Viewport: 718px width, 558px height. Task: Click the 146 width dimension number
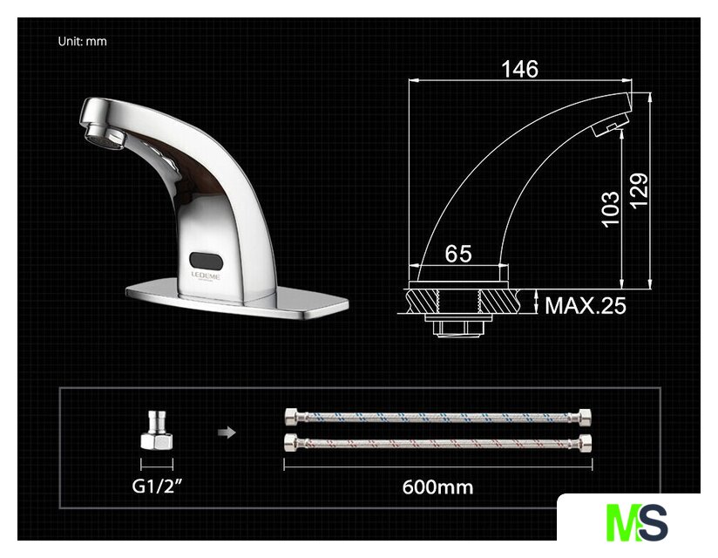coord(519,69)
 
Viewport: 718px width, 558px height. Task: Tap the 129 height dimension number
coord(639,191)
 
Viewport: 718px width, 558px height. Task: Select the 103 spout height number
coord(611,209)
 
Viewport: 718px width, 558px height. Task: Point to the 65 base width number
coord(458,254)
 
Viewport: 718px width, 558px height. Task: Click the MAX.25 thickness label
coord(586,305)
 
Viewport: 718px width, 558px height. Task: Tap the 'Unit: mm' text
coord(83,41)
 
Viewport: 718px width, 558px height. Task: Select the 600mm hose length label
coord(437,487)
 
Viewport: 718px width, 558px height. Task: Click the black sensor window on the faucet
coord(206,261)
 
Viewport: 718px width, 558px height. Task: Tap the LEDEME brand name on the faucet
coord(205,276)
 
